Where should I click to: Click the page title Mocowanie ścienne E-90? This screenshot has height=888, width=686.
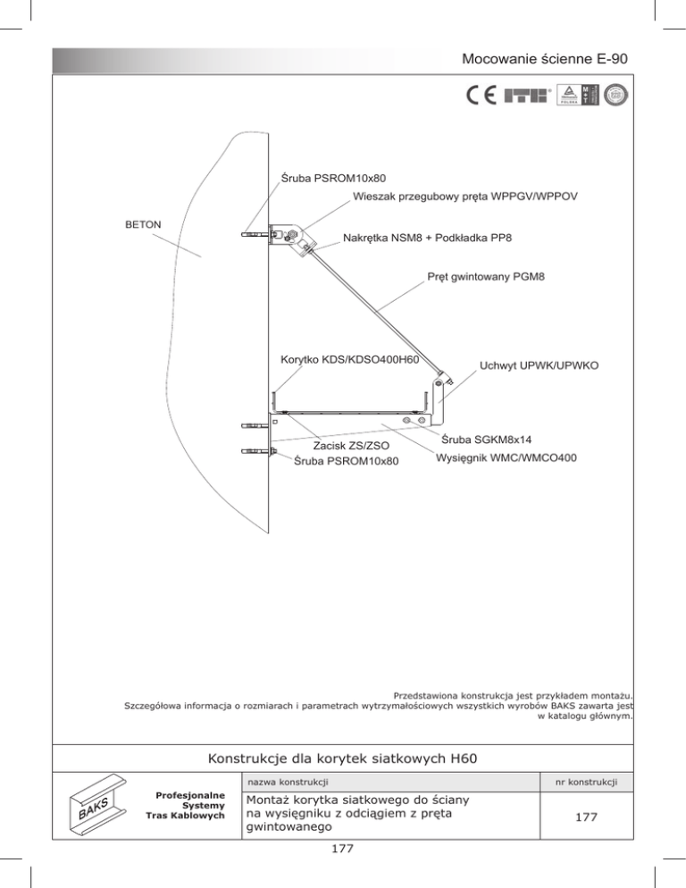point(544,59)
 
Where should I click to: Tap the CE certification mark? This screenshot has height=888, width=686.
point(482,96)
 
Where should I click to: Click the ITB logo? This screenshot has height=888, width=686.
point(527,96)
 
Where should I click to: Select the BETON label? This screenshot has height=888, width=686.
point(143,225)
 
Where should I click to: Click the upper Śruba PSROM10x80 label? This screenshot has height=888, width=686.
point(333,179)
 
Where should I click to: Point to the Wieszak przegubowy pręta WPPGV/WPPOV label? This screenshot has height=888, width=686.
point(464,197)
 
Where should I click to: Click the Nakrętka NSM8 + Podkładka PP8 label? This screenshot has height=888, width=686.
point(427,239)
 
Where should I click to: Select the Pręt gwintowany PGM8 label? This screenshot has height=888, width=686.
point(485,277)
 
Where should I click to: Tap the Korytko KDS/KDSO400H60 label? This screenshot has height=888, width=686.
point(349,360)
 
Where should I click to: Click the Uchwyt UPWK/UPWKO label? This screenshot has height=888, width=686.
point(539,366)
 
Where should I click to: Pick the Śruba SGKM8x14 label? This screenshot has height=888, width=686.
point(486,440)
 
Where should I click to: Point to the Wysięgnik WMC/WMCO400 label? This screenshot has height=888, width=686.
point(506,457)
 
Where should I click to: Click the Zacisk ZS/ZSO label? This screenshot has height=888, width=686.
point(351,447)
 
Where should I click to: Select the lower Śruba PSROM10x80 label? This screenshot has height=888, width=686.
point(346,462)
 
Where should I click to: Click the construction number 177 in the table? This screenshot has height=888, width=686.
point(586,817)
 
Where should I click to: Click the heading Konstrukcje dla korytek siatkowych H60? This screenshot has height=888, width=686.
point(343,758)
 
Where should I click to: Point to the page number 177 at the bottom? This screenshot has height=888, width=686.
point(343,849)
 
